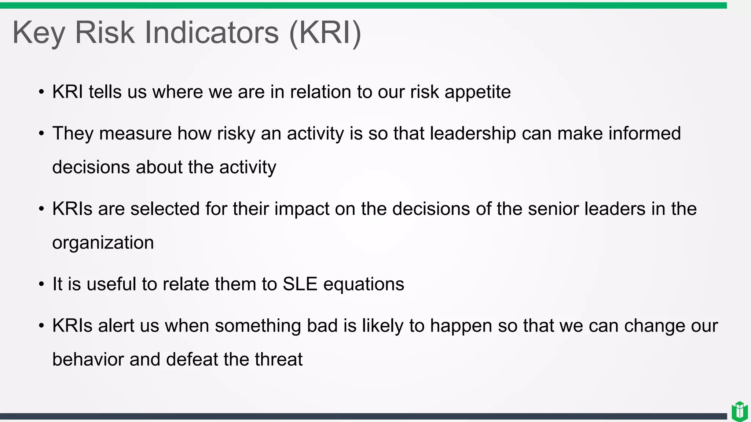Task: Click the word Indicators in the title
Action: (x=212, y=33)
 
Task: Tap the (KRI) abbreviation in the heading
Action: (x=325, y=33)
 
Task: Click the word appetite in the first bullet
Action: (x=477, y=92)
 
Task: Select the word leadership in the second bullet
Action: (x=473, y=133)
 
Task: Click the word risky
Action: (x=236, y=134)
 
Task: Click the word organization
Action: (x=103, y=243)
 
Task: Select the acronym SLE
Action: (x=300, y=284)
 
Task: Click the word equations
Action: (x=363, y=284)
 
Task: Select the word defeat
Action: (x=192, y=359)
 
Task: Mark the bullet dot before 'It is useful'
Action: (x=41, y=284)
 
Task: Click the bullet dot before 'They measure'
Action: (x=41, y=133)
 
